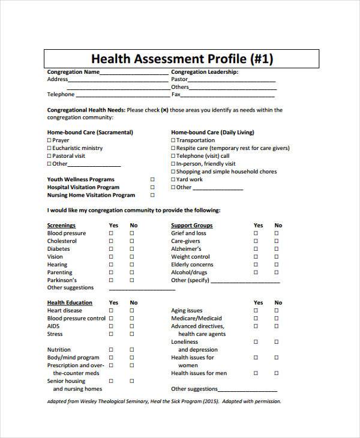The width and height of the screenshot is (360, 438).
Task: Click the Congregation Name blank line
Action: (x=134, y=74)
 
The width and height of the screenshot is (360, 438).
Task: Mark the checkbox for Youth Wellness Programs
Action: (x=152, y=179)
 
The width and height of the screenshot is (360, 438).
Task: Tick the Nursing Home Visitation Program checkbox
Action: (x=152, y=195)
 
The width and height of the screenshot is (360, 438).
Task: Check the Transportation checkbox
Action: (x=173, y=140)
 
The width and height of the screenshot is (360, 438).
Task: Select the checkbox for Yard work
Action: (x=173, y=179)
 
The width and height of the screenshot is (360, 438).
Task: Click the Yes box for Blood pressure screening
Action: (x=111, y=233)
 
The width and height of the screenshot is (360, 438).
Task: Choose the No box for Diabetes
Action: (x=131, y=249)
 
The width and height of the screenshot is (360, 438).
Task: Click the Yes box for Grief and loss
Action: (x=256, y=233)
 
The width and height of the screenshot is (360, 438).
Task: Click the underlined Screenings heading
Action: (x=61, y=226)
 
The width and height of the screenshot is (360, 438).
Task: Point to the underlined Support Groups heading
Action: (x=191, y=226)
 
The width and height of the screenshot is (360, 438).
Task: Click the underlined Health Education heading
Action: (x=70, y=303)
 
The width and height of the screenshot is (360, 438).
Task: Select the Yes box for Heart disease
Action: (x=111, y=311)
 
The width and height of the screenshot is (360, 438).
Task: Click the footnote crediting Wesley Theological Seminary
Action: (x=164, y=401)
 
